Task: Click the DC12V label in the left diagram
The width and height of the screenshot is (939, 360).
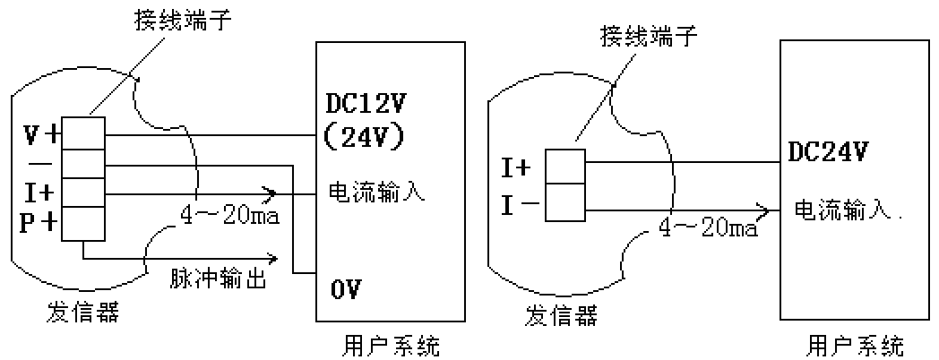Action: [x=364, y=105]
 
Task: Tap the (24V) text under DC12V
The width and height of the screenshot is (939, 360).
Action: [x=364, y=134]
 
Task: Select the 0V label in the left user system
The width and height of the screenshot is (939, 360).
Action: [x=346, y=288]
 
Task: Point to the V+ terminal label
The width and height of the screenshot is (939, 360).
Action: [x=41, y=134]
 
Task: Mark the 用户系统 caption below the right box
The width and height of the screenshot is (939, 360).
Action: [x=855, y=345]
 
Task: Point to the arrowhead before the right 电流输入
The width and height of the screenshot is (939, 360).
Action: [x=763, y=211]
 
